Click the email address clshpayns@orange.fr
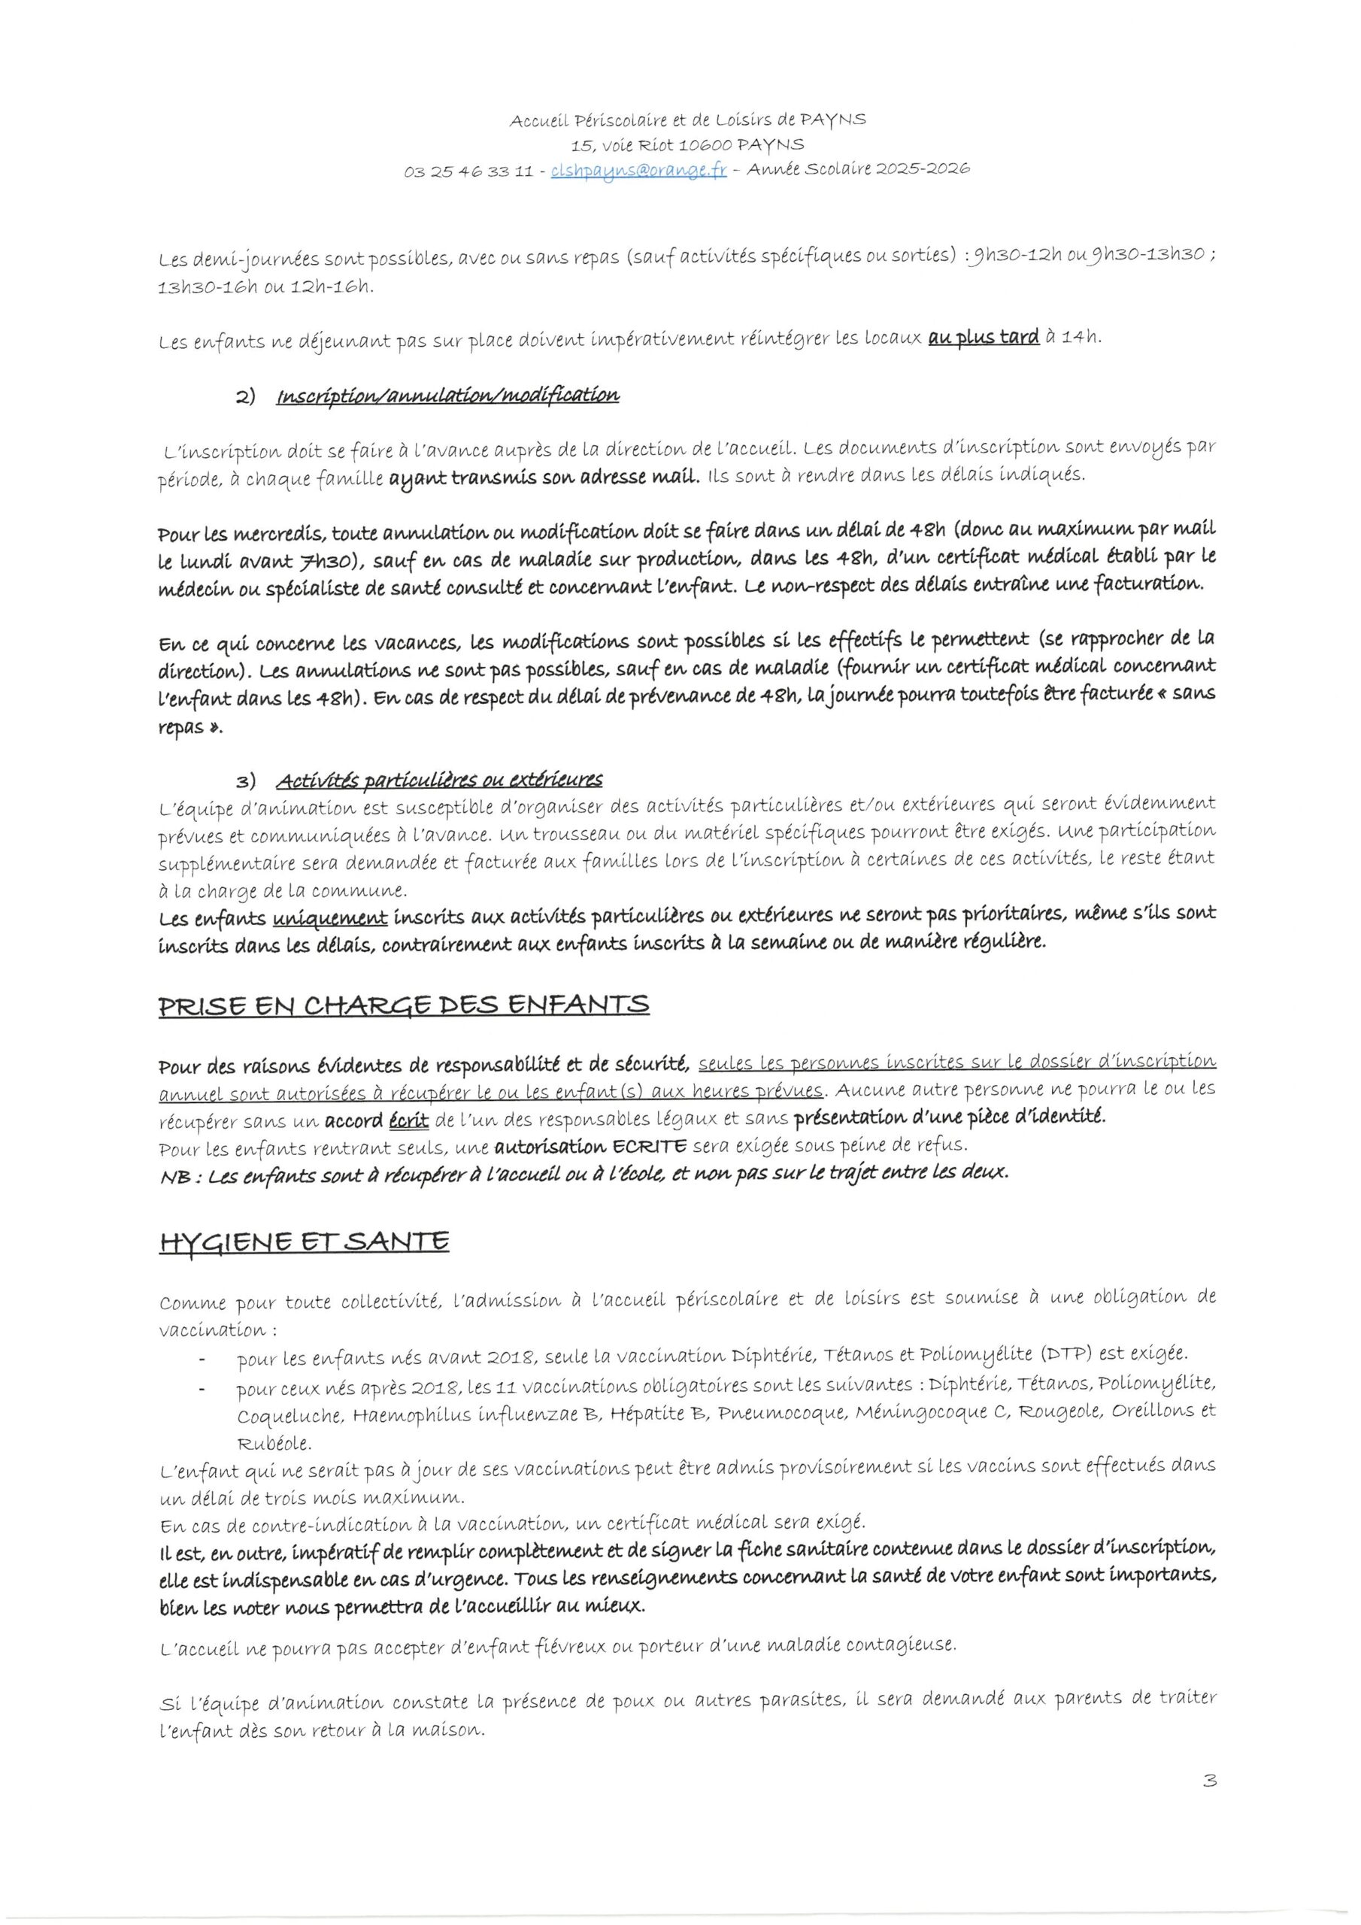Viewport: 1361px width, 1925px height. [x=638, y=171]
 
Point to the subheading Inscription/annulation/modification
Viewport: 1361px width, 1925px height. [x=448, y=395]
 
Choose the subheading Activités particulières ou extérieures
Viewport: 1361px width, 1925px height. [x=439, y=780]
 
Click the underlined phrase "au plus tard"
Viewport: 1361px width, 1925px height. [x=984, y=337]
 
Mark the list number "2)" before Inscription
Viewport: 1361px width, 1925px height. [x=245, y=396]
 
